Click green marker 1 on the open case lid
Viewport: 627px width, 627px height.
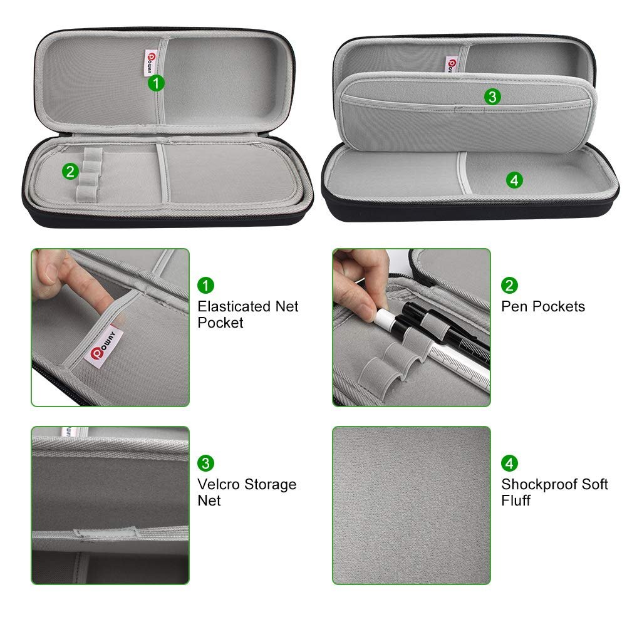(156, 83)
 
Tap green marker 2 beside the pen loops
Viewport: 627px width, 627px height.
(70, 172)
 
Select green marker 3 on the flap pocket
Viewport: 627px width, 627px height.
(492, 96)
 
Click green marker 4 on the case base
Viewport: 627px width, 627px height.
(514, 180)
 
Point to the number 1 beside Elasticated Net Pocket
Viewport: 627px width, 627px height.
(205, 286)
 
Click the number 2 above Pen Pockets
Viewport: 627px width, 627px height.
(509, 286)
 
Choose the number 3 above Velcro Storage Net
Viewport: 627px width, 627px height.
(205, 463)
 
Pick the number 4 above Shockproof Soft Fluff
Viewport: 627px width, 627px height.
(509, 463)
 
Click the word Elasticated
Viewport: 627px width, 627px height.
(234, 306)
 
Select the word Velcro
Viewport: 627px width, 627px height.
(219, 484)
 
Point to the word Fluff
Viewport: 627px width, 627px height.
(516, 500)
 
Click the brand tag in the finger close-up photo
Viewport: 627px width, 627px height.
(103, 345)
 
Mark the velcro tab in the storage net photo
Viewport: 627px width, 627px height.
(106, 534)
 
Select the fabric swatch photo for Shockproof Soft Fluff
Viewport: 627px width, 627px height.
(412, 505)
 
